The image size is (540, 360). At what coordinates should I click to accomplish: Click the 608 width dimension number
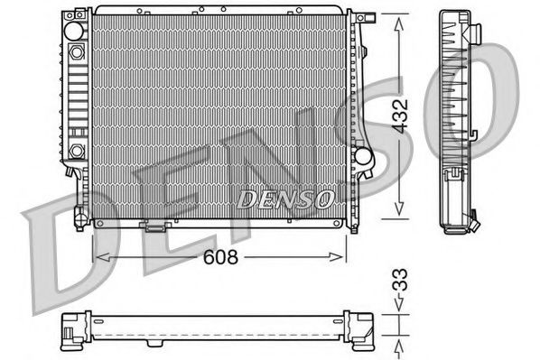click(219, 258)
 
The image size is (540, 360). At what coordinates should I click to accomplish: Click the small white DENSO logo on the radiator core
click(285, 196)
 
